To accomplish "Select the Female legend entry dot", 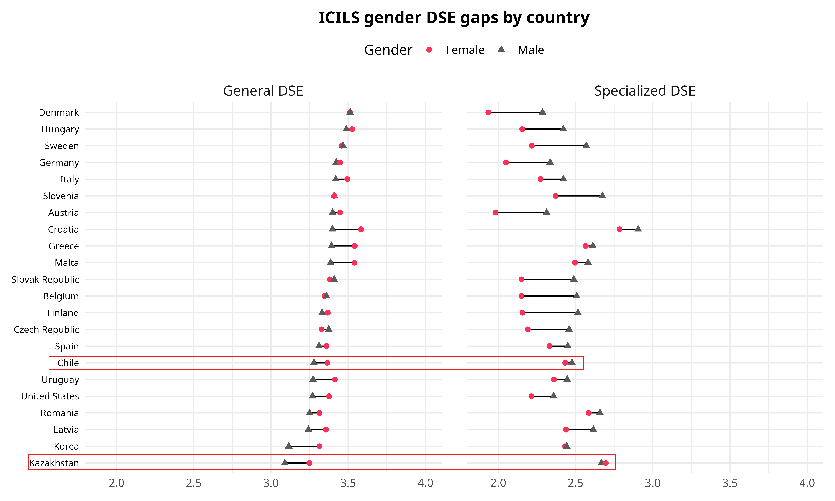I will (429, 50).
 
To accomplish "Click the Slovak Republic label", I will (45, 280).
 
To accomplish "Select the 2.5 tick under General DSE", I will (194, 483).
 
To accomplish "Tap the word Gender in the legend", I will (388, 50).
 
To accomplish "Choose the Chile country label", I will (68, 363).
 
